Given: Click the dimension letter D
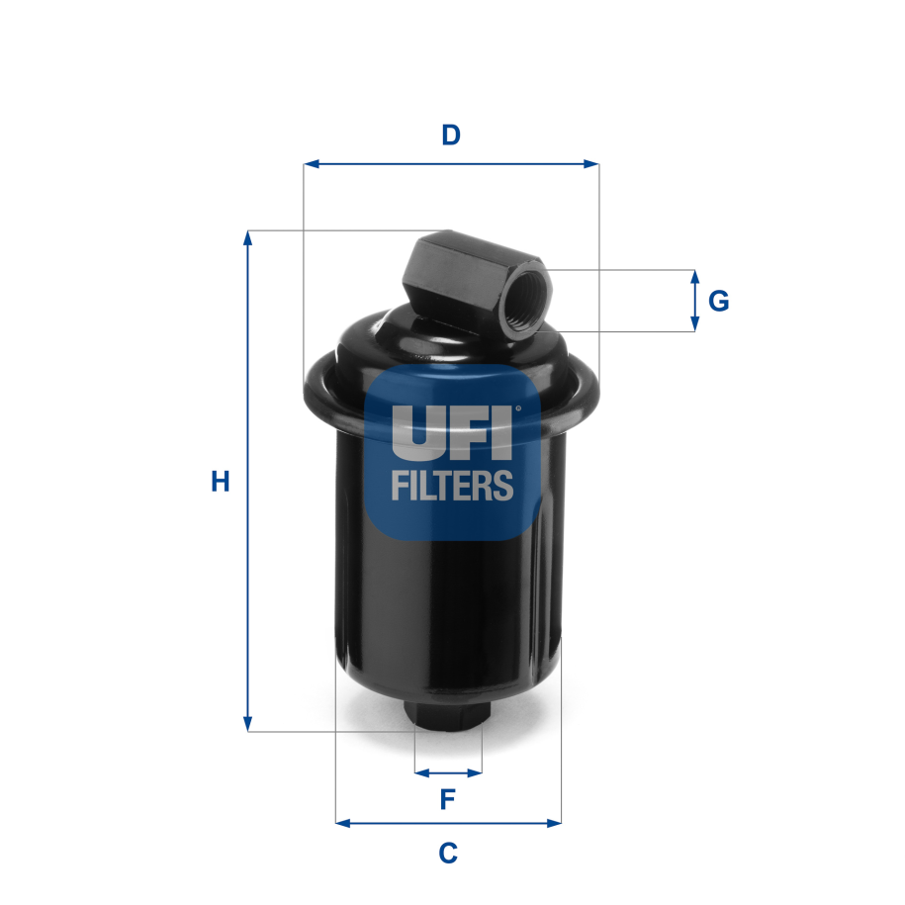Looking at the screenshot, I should (x=451, y=135).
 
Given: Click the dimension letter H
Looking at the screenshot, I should (x=220, y=483).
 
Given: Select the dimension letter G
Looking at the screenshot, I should (x=719, y=301).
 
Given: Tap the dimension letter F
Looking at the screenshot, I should (x=447, y=799).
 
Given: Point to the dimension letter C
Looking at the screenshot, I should (x=447, y=852).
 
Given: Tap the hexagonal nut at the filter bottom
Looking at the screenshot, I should (x=447, y=716).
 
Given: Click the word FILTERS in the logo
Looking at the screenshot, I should (x=452, y=486).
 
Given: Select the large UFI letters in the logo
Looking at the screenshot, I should (x=452, y=431).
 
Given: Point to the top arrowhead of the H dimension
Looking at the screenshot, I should (x=248, y=238).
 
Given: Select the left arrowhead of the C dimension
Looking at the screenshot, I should (x=342, y=822).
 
